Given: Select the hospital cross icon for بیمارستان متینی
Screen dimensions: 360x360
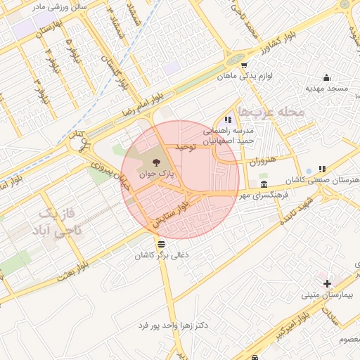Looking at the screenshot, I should pyautogui.click(x=327, y=283).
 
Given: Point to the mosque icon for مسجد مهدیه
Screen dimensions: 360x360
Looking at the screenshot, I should pyautogui.click(x=326, y=77).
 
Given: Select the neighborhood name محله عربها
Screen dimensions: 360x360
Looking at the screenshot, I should pyautogui.click(x=270, y=112).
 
